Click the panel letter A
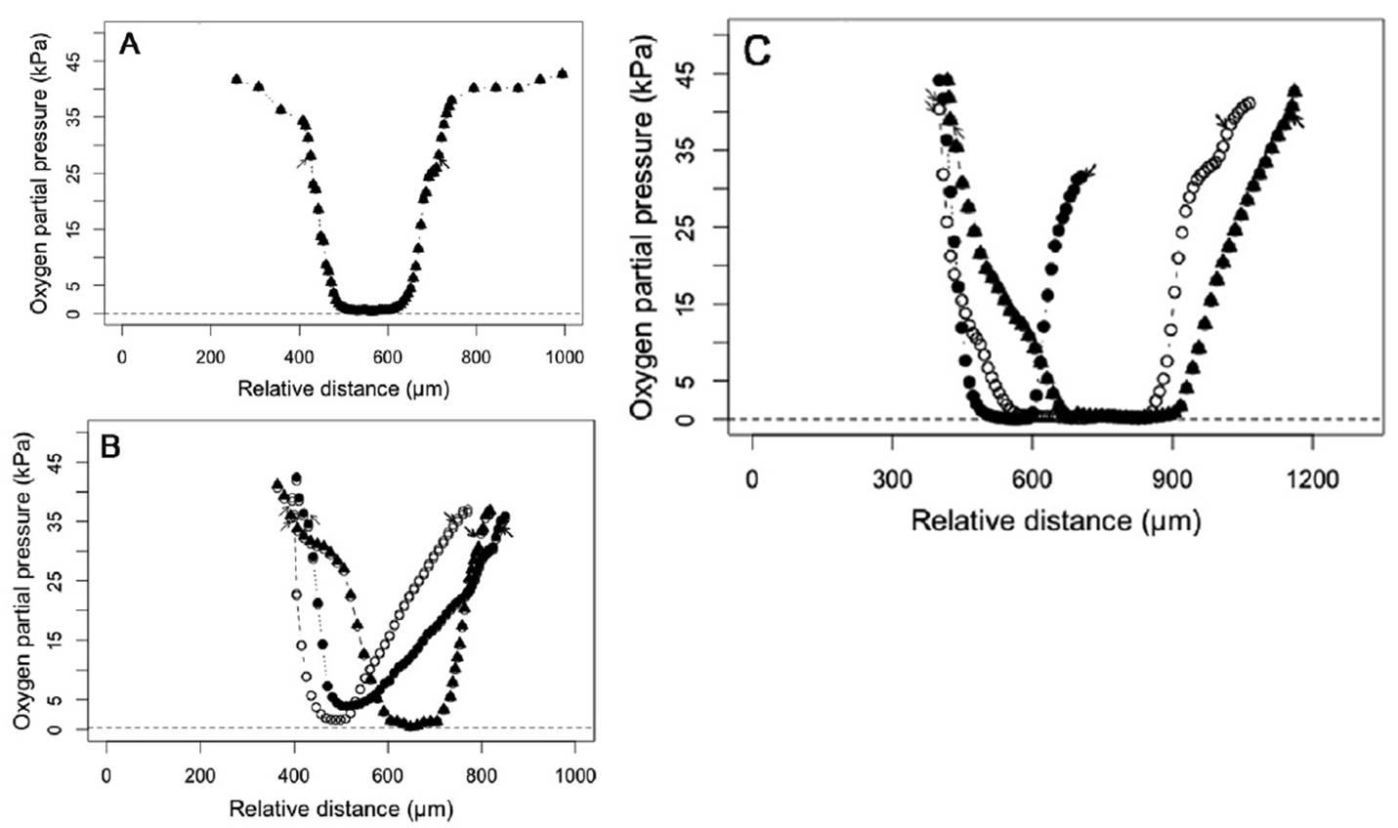pyautogui.click(x=130, y=45)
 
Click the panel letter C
pyautogui.click(x=757, y=51)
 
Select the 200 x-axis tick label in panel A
pyautogui.click(x=210, y=357)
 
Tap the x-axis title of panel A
pyautogui.click(x=343, y=389)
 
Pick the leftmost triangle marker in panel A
pyautogui.click(x=236, y=78)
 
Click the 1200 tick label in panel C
pyautogui.click(x=1312, y=481)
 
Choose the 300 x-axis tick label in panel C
pyautogui.click(x=892, y=481)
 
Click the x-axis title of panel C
pyautogui.click(x=1055, y=520)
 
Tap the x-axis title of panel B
pyautogui.click(x=341, y=808)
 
